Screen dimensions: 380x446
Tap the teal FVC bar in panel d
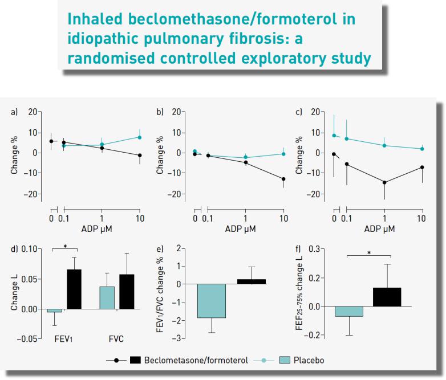pos(107,298)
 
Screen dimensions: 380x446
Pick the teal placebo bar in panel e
pos(211,301)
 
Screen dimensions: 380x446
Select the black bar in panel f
pos(387,297)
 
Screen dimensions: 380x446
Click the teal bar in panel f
pos(348,311)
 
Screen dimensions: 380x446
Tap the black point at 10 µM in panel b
pos(283,179)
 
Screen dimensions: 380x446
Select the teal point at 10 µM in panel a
pos(139,137)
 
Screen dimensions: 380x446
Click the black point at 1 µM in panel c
pos(384,182)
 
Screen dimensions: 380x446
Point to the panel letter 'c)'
pos(299,112)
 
